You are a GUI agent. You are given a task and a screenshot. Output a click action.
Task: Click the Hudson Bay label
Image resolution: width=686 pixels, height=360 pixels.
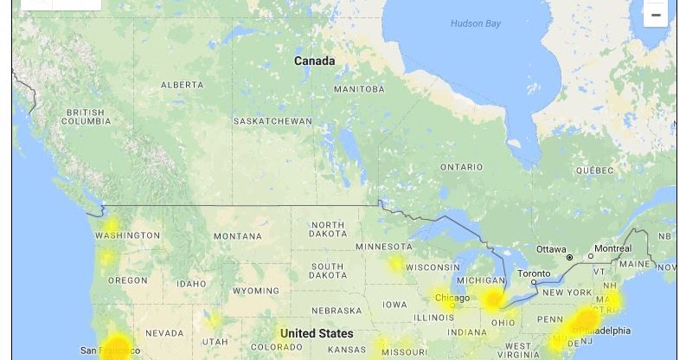475,23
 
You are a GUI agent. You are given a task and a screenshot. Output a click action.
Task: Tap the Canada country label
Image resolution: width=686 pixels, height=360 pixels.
314,61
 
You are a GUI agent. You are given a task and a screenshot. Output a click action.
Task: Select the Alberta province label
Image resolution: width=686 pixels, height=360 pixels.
182,85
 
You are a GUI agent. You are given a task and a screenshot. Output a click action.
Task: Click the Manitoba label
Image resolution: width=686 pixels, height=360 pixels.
359,89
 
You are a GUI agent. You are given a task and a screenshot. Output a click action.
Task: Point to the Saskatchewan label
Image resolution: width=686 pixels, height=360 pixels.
272,121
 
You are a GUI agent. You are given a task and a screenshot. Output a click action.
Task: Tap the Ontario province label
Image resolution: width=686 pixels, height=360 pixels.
461,167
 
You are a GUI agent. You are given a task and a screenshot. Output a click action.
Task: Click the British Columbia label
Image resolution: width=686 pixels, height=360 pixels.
86,117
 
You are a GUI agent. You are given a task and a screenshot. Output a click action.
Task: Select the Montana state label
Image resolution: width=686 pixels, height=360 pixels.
237,236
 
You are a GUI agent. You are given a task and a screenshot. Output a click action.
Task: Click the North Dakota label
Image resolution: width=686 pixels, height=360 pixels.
328,229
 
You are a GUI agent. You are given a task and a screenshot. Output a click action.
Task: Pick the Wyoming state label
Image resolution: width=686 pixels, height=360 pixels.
256,291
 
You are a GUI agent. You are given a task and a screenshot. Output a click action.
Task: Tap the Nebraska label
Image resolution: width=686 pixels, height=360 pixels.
337,311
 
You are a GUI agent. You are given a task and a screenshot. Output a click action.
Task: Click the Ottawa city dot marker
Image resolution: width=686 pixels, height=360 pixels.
569,258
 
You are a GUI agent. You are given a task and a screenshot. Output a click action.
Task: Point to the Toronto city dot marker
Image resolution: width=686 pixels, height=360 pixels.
535,282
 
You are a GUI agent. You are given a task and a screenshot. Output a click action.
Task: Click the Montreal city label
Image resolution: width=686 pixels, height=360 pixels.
612,248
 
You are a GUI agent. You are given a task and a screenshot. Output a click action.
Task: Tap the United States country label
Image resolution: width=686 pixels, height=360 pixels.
317,333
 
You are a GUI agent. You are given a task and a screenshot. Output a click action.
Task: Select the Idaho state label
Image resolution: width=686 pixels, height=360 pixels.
191,284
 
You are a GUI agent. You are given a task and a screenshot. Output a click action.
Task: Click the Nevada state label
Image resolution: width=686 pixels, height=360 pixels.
163,333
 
